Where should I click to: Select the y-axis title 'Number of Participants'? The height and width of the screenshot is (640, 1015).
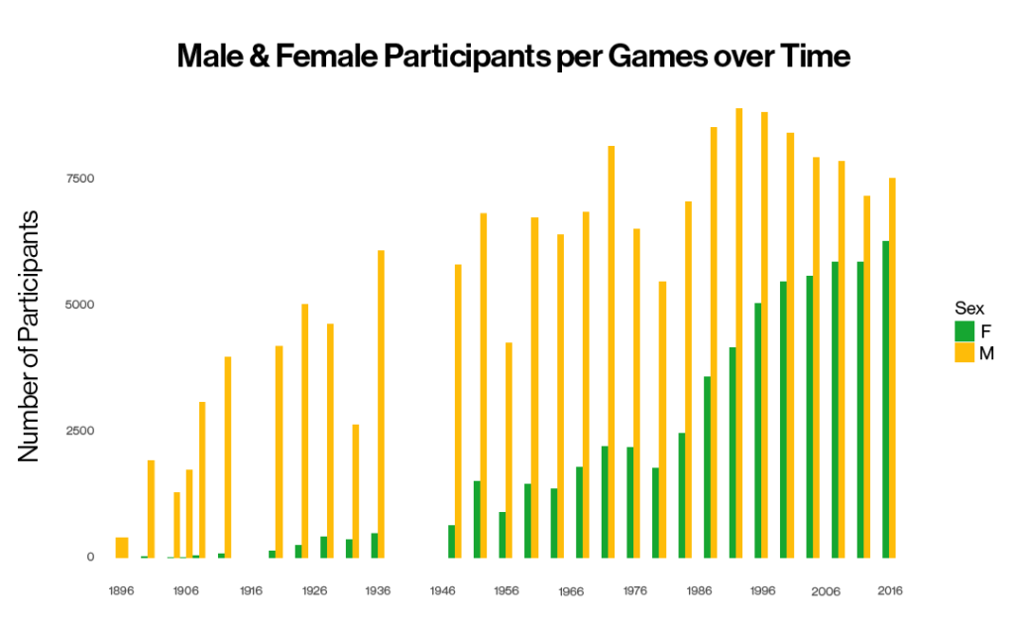click(x=29, y=336)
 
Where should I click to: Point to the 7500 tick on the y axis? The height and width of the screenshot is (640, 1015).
click(x=80, y=179)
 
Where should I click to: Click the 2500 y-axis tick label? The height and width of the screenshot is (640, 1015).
click(x=80, y=431)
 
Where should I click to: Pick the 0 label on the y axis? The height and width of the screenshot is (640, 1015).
click(x=90, y=557)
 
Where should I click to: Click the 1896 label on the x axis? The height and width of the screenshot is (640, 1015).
click(x=122, y=590)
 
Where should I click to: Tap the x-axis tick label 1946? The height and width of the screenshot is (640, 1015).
click(x=443, y=590)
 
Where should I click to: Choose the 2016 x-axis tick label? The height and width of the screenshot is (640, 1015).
click(x=890, y=590)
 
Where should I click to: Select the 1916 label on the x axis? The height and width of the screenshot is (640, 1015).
click(x=251, y=590)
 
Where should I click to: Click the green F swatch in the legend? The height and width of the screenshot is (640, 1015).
click(x=964, y=331)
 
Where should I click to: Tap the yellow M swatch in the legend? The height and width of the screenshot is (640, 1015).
click(x=964, y=352)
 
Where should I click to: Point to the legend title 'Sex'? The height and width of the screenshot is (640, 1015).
click(x=969, y=309)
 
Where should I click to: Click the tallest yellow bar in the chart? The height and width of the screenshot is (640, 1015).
click(x=739, y=333)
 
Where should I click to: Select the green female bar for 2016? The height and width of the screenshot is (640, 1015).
click(x=885, y=399)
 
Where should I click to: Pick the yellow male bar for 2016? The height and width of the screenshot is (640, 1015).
click(x=893, y=368)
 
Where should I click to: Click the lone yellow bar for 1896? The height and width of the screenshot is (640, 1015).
click(x=122, y=548)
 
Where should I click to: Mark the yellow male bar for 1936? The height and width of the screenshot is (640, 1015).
click(x=382, y=404)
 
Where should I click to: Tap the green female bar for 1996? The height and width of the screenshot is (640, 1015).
click(x=758, y=430)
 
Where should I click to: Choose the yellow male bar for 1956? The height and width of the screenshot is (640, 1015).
click(x=508, y=450)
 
